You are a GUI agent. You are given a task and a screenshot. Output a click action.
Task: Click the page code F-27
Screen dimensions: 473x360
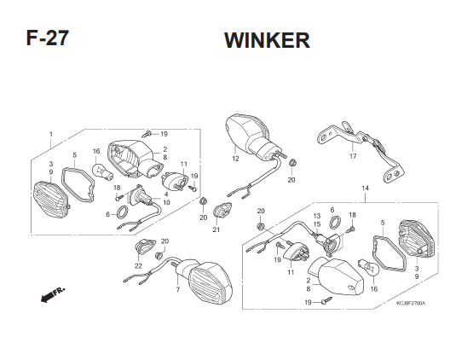pos(48,38)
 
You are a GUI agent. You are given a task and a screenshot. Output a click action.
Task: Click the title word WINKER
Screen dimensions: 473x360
pos(267,40)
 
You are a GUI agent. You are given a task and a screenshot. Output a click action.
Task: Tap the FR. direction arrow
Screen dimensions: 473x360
pos(52,294)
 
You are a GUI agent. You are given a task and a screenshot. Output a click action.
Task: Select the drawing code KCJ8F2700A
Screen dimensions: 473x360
pos(411,303)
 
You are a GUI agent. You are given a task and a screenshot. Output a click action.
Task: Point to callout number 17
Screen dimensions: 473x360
pos(353,156)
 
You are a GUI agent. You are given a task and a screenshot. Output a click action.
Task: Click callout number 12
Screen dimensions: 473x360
pos(235,159)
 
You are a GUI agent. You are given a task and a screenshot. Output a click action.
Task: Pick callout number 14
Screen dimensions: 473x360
pos(365,189)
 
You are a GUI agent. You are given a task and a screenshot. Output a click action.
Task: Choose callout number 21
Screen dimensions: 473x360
pos(216,229)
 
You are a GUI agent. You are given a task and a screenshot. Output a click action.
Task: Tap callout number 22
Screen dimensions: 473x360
pos(138,266)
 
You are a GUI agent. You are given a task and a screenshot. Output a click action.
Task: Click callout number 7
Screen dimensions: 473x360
pos(178,290)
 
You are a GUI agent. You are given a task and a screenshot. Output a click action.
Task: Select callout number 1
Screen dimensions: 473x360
pos(51,134)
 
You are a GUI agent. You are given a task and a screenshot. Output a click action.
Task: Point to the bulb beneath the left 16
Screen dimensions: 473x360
pos(102,171)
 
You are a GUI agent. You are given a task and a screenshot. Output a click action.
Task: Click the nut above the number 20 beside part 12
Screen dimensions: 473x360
pos(292,163)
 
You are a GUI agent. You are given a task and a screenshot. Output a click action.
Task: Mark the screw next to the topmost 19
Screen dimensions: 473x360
pos(147,133)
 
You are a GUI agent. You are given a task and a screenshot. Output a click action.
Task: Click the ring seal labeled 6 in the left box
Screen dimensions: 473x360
pos(122,212)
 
